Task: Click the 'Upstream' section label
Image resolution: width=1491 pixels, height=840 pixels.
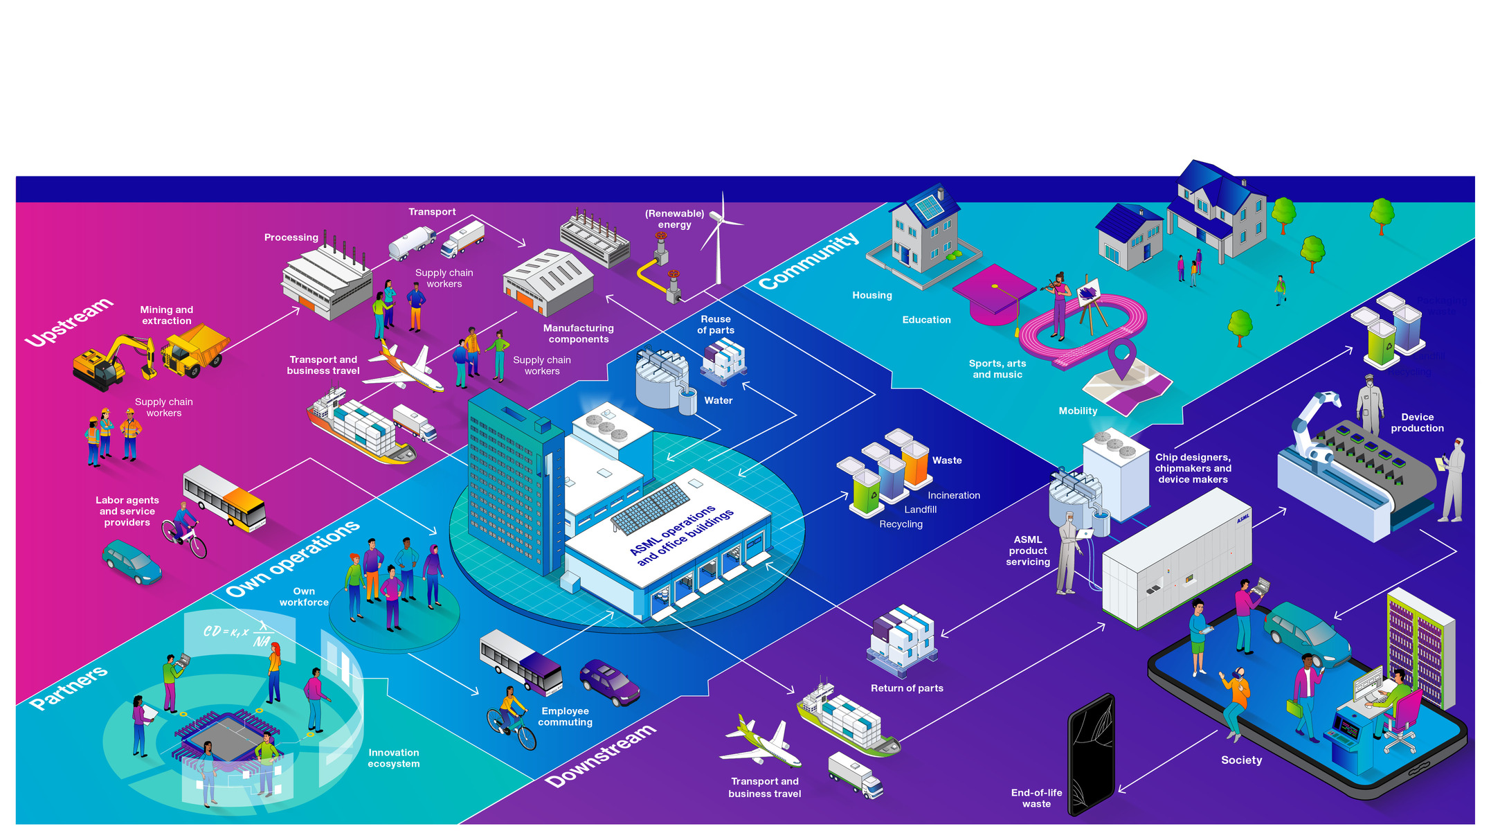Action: click(69, 322)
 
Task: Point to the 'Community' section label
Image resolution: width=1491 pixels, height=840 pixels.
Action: click(808, 261)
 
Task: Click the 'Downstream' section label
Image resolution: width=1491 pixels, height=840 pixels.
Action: click(600, 756)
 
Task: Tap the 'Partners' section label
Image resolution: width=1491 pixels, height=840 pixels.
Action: click(69, 688)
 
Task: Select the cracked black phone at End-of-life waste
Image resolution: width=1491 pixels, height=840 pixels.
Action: click(1091, 755)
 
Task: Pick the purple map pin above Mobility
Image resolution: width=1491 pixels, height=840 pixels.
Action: click(1121, 357)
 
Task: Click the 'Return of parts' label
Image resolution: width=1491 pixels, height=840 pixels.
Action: click(907, 688)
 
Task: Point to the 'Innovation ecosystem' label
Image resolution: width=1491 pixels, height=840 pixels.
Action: click(393, 758)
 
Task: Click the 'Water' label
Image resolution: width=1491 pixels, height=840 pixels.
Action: click(719, 401)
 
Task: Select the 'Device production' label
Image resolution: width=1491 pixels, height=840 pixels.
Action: click(1417, 423)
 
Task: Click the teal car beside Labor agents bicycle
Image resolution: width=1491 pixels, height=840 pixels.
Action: click(132, 562)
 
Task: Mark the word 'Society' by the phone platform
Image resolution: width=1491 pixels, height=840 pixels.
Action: click(1241, 760)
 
